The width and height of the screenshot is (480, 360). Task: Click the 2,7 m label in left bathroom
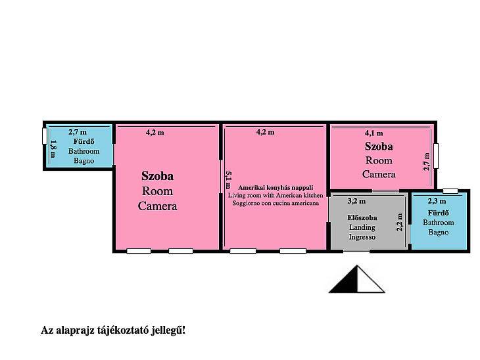pos(78,132)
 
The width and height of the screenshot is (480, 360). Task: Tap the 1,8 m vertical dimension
pos(53,149)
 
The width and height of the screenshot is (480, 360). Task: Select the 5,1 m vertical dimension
pos(228,180)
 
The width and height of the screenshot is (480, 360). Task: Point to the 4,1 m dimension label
pos(373,133)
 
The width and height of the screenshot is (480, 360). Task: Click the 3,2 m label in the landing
pos(356,201)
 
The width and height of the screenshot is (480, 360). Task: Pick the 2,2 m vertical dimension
pos(400,222)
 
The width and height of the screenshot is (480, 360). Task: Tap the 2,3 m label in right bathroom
pos(437,201)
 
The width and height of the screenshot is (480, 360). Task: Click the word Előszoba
pos(362,218)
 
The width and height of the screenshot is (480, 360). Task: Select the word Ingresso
pos(362,237)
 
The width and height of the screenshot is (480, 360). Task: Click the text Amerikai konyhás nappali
pos(276,187)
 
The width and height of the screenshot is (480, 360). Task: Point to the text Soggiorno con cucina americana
pos(276,203)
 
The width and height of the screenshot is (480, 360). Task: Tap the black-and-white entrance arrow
pos(357,279)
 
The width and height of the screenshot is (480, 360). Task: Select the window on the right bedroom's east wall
pos(436,156)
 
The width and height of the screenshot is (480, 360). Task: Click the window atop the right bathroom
pos(450,191)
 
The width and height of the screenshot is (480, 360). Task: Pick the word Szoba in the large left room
pos(157,176)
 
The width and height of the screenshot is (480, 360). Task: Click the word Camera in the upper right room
pos(379,174)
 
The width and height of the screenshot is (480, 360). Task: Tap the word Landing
pos(362,227)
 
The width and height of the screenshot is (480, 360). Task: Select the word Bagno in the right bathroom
pos(439,232)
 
